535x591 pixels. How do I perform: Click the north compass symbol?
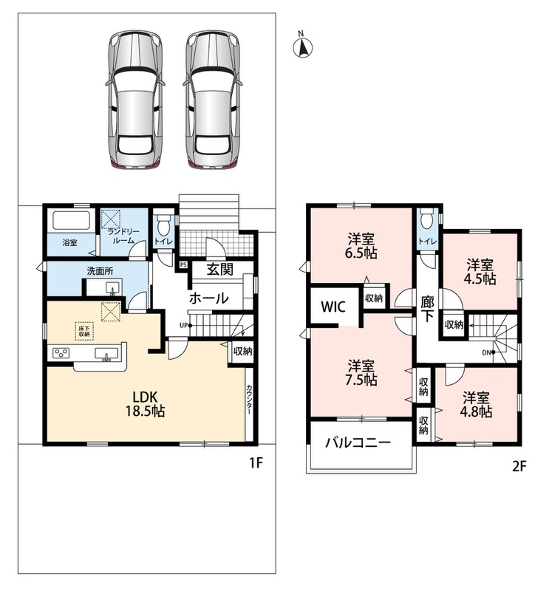click(x=303, y=47)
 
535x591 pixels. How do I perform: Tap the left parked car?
click(x=134, y=100)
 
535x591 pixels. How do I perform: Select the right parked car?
click(x=212, y=100)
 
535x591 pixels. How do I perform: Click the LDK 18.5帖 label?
click(x=145, y=403)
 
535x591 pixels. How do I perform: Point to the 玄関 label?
click(x=220, y=269)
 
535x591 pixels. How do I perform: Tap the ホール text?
click(x=208, y=298)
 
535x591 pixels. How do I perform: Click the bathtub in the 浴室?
click(x=71, y=221)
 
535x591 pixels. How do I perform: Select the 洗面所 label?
click(x=100, y=271)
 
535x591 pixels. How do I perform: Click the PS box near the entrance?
click(x=183, y=265)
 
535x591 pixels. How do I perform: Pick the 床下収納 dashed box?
click(x=84, y=331)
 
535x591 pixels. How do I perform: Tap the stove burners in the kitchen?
click(x=61, y=353)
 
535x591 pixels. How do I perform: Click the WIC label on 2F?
click(x=333, y=307)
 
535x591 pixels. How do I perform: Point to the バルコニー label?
click(x=358, y=443)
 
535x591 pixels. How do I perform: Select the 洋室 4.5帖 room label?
click(x=481, y=272)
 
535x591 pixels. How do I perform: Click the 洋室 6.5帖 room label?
click(x=361, y=246)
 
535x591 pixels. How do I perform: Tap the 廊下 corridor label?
click(x=427, y=309)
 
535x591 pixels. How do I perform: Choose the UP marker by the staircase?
click(x=185, y=325)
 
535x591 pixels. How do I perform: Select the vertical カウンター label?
click(x=249, y=400)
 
